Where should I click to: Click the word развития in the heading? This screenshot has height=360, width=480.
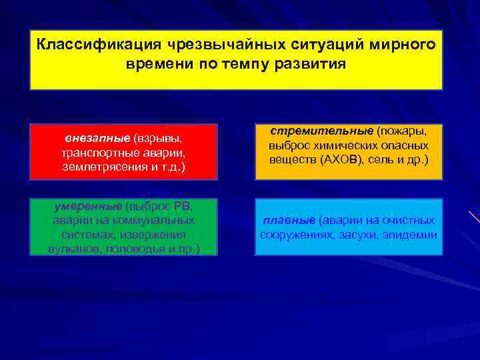[313, 65]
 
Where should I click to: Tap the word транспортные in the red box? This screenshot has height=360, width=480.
[98, 152]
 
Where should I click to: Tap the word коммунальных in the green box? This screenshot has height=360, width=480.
[158, 219]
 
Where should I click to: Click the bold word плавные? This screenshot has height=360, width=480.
[289, 220]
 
